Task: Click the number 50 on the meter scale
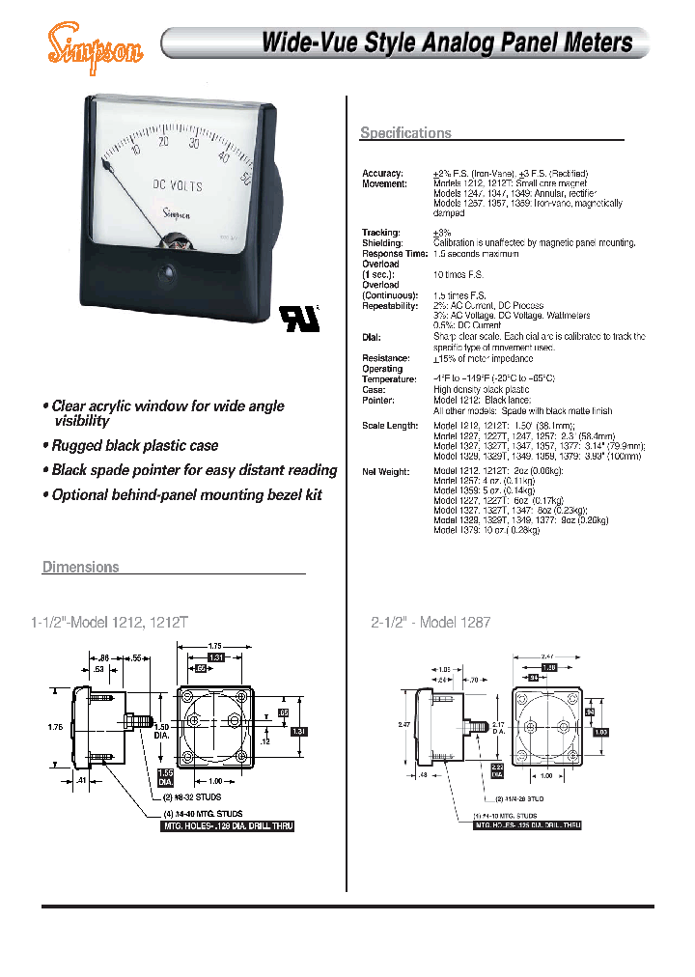(247, 178)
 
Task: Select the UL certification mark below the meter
(292, 316)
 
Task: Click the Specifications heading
(405, 133)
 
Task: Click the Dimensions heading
(81, 567)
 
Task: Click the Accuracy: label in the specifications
(382, 173)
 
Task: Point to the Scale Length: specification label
(390, 426)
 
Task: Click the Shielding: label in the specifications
(384, 242)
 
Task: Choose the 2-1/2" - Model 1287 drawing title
(432, 624)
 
